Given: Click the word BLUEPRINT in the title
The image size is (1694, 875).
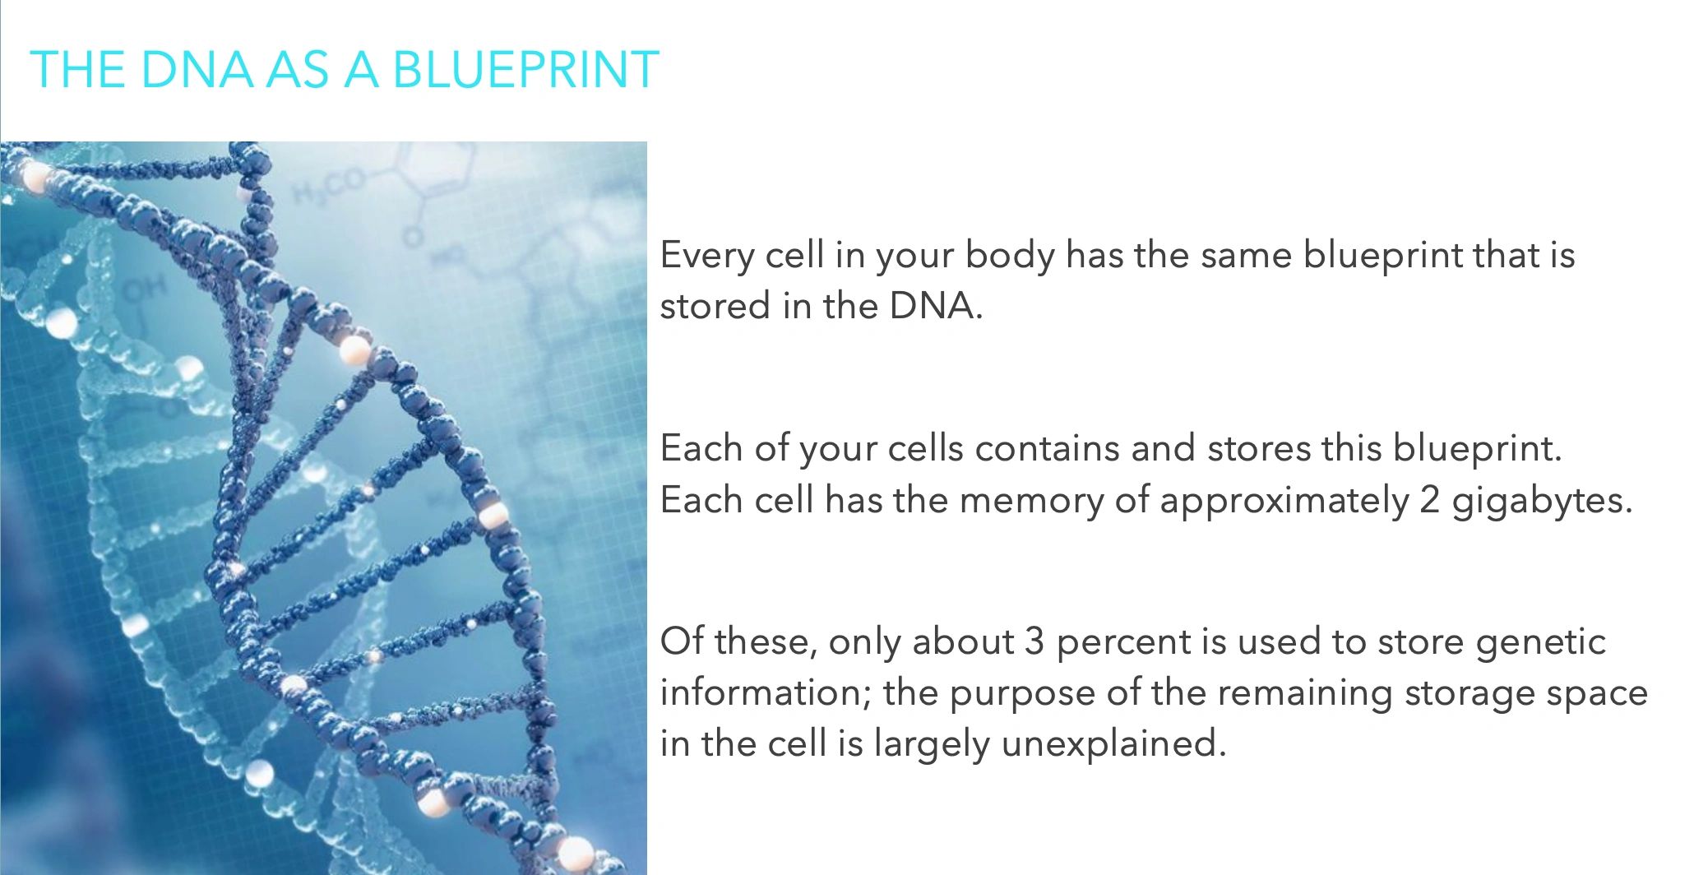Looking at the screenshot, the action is pos(526,69).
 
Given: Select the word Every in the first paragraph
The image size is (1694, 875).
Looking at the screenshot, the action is pos(707,257).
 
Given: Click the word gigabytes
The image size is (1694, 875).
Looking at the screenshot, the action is pos(1542,501).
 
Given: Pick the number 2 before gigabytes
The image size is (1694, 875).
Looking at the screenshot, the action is pos(1429,500).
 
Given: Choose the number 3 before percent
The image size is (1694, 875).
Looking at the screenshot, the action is pos(1034,641).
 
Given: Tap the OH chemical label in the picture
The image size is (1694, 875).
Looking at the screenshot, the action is pos(145,289).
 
